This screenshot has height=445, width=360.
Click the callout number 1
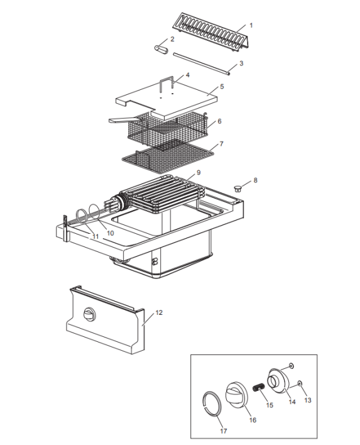251,25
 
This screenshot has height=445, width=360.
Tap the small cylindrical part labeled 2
160,49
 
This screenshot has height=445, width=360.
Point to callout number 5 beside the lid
222,87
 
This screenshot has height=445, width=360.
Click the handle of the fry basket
121,119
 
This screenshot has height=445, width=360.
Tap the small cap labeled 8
238,187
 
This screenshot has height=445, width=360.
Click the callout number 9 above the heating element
198,172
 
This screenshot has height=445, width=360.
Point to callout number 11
95,236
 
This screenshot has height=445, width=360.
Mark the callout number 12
158,312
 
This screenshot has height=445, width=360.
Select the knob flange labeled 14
279,379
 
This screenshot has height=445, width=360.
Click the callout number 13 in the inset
307,399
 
